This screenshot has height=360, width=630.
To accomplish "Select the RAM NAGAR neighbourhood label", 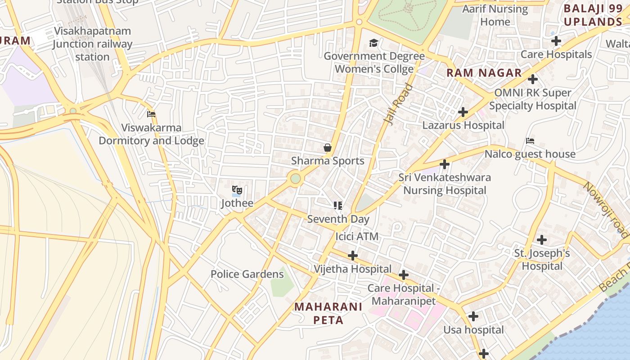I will pyautogui.click(x=484, y=73).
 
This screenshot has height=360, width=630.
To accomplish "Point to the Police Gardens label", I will pyautogui.click(x=247, y=274).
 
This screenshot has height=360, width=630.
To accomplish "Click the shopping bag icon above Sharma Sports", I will pyautogui.click(x=328, y=148).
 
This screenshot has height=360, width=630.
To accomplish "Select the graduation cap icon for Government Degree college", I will pyautogui.click(x=373, y=43).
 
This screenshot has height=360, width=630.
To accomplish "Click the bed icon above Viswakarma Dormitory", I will pyautogui.click(x=151, y=115).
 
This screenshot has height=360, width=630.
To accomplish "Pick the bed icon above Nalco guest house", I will pyautogui.click(x=530, y=141).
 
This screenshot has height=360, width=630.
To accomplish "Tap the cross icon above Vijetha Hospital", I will pyautogui.click(x=353, y=256).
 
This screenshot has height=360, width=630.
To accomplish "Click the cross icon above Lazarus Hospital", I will pyautogui.click(x=463, y=112).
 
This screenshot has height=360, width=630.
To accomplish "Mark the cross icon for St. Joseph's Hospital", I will pyautogui.click(x=542, y=240).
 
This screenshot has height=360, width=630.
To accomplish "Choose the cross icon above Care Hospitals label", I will pyautogui.click(x=556, y=41).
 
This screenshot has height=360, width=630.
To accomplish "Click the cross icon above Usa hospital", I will pyautogui.click(x=473, y=317).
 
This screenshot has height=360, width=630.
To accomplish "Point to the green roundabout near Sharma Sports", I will pyautogui.click(x=295, y=179).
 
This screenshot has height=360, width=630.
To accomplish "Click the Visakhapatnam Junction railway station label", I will pyautogui.click(x=92, y=44).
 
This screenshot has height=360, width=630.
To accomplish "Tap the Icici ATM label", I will pyautogui.click(x=357, y=236).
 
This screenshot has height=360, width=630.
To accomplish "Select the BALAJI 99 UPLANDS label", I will pyautogui.click(x=593, y=15).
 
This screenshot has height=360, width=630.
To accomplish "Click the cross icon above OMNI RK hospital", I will pyautogui.click(x=533, y=80).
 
